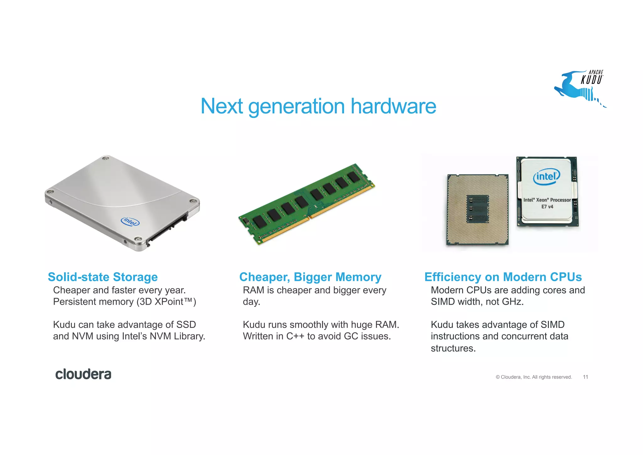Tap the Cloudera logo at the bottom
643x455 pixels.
pos(83,374)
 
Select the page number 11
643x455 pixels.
pos(585,377)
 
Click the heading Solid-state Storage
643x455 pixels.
pos(103,277)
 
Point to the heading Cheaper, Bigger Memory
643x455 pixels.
pos(310,277)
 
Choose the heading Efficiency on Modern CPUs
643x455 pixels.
pos(503,277)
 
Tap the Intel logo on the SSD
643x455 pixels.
pos(130,222)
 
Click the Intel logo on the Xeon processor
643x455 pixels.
pos(546,177)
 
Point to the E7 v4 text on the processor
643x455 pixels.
pos(547,207)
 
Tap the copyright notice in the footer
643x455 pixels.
pos(534,377)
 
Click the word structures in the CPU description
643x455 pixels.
pos(453,348)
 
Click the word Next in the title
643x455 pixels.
pos(222,106)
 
